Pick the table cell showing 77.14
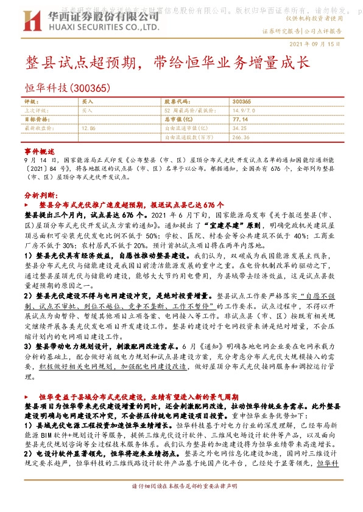tap(240, 120)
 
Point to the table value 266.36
tap(241, 137)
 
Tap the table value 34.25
tap(239, 129)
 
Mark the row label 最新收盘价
tap(35, 129)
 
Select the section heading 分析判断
tap(41, 196)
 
